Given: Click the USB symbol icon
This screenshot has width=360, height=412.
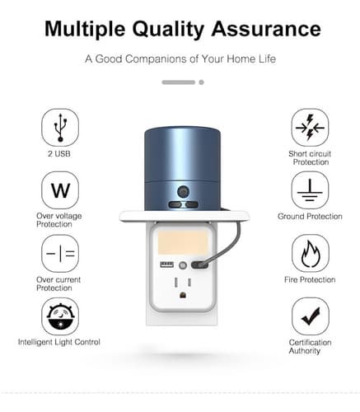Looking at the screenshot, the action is pos(60,128).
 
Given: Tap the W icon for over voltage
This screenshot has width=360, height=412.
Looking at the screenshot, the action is pos(60,190).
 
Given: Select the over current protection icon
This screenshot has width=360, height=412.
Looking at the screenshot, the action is pos(60,253).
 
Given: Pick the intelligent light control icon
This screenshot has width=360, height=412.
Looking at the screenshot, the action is pos(60,316).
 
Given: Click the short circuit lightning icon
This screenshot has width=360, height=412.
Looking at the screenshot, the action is pos(310,128).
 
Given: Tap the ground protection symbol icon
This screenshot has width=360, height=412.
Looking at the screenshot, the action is pos(310,190).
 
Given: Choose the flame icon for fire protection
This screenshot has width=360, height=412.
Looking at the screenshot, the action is pos(311,253).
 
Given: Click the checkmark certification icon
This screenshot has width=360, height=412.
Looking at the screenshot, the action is pos(311,316).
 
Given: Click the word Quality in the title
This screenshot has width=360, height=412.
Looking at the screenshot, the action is pos(168,30).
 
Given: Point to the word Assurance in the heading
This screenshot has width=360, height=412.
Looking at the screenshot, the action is pos(266,29).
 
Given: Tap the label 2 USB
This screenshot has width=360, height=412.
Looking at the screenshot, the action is pos(59,153).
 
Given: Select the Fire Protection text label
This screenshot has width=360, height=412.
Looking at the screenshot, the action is pos(310,279).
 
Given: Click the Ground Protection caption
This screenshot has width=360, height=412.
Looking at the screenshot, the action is pos(310,217).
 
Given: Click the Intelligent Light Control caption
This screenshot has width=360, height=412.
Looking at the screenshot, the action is pos(59,342).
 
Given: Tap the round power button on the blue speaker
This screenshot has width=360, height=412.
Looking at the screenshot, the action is pos(183,192).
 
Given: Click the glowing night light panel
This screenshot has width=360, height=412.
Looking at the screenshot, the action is pos(183,242).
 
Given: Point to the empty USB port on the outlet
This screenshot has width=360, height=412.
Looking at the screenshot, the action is pos(166,265).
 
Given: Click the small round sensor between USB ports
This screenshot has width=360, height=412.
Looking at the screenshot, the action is pos(183,265).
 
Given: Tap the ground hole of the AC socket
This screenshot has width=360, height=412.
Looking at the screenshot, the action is pos(183,295).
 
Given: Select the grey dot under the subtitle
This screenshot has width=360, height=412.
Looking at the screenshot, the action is pos(201,82).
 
